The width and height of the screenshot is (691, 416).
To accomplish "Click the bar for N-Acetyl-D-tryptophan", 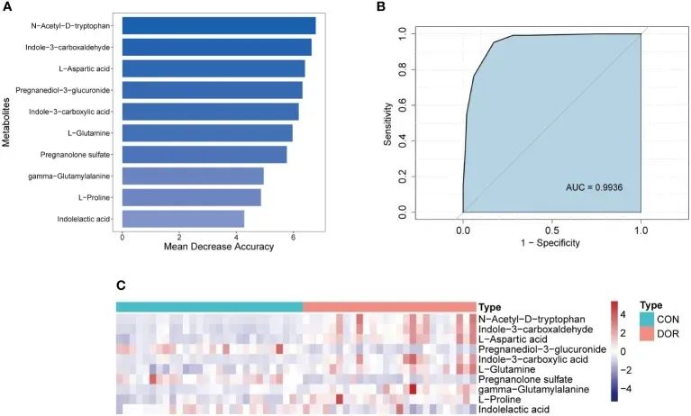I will click(218, 25).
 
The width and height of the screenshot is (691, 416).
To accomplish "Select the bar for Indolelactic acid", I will click(183, 219).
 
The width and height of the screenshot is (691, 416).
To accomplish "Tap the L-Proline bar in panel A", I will click(191, 197).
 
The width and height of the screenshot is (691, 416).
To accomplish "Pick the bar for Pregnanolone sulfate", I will click(204, 154).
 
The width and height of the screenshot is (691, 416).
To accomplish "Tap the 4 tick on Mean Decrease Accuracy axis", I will click(236, 235).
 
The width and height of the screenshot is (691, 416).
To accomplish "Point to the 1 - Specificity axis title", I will click(551, 244).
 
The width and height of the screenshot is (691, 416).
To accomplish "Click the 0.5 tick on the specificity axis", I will click(551, 228).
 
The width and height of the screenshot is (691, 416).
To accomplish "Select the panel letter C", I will click(121, 285).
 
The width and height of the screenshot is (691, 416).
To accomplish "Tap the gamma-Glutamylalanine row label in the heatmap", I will click(534, 389).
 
